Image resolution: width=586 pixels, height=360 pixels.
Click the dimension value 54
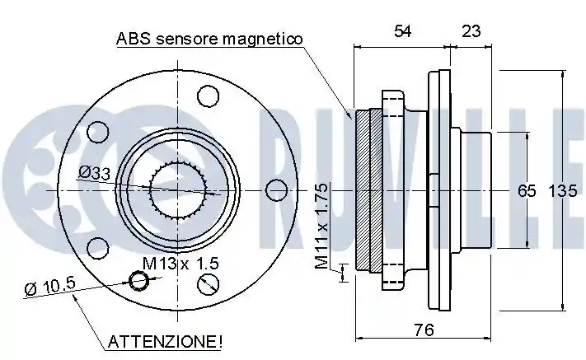coord(403,31)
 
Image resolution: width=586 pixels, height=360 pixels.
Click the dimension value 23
coord(471,31)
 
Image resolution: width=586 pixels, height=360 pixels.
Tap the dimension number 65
coord(527,191)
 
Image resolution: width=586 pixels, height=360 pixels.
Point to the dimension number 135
coord(562,191)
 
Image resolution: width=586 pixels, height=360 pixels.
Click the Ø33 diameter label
coord(95,172)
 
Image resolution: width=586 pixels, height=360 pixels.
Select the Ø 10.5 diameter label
coord(50,286)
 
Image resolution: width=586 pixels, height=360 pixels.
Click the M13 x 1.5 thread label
coord(180,264)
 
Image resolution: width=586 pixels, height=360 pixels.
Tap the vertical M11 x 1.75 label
coord(321,226)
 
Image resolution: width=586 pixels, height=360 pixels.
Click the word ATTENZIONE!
coord(165,341)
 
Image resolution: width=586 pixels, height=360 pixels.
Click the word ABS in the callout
coord(134,39)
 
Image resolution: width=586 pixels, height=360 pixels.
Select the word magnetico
coord(262,39)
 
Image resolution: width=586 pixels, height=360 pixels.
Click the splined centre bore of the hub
coord(178,190)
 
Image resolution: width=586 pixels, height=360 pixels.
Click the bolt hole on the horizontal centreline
coord(277,190)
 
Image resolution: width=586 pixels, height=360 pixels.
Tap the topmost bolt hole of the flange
coord(208,96)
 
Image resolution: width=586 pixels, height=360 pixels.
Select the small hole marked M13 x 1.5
coord(138,280)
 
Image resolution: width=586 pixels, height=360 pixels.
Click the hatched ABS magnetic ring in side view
coord(368,190)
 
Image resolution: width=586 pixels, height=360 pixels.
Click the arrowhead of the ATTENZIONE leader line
coord(74,296)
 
